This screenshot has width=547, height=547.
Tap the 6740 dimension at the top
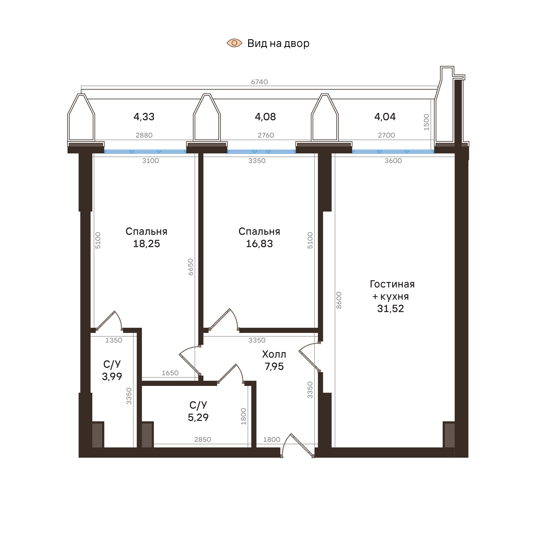[259, 82]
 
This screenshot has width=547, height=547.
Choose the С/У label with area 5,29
[198, 405]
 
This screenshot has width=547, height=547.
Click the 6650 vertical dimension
[190, 267]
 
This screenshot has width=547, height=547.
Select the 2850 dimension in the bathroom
[202, 439]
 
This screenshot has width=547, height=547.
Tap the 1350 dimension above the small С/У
[114, 340]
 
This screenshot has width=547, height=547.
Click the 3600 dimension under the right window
[393, 161]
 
